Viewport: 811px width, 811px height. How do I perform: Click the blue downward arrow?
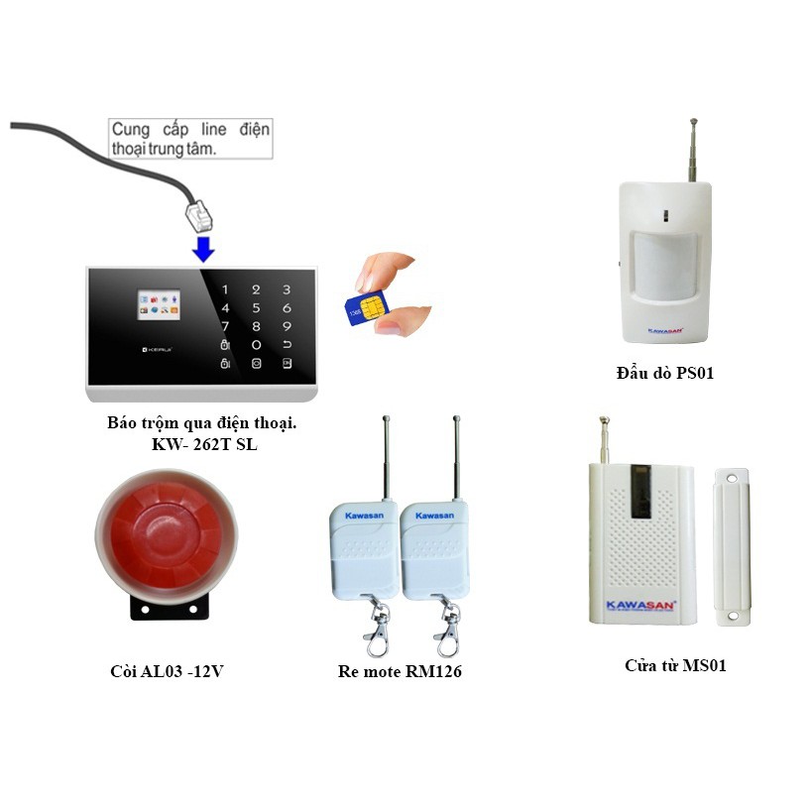click(203, 247)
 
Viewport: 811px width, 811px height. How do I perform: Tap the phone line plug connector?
click(197, 212)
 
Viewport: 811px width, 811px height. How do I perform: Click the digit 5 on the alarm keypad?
click(256, 307)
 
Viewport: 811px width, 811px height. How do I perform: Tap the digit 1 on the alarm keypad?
click(225, 290)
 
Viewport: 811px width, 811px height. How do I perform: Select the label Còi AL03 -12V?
click(167, 671)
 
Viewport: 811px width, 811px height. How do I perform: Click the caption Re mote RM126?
click(400, 671)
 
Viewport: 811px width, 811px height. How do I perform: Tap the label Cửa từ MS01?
click(675, 665)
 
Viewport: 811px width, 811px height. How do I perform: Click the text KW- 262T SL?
click(202, 444)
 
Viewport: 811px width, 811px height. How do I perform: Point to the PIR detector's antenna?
click(691, 150)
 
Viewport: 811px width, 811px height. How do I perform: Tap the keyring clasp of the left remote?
click(378, 631)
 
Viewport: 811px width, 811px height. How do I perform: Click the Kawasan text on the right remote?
click(434, 516)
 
